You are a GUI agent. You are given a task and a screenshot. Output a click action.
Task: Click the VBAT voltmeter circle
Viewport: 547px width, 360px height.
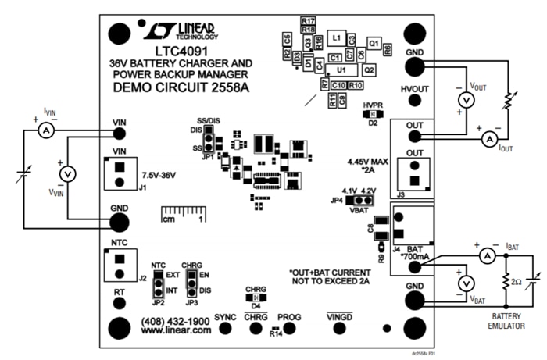(465, 283)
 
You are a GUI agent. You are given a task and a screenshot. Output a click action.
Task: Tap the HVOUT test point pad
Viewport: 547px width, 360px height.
(414, 106)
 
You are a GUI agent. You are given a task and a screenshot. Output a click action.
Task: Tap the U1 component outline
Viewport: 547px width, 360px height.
(341, 70)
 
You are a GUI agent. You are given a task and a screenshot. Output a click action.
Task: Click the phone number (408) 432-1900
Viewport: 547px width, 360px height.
(176, 322)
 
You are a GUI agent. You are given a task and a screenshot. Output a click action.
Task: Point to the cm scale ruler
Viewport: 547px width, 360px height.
(183, 213)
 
